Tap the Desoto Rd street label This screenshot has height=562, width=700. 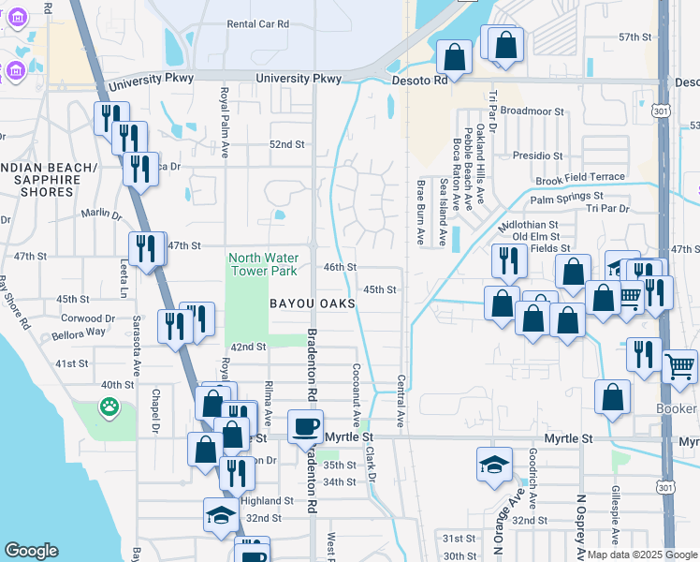[x=416, y=81]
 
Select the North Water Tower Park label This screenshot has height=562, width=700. [x=264, y=264]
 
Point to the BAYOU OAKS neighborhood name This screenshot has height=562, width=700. [x=313, y=303]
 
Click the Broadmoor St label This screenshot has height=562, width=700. [x=533, y=111]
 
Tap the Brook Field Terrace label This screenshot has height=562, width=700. [x=580, y=178]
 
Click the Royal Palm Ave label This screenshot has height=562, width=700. [x=225, y=123]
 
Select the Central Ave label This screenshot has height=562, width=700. [x=401, y=404]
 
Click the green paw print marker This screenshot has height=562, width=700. [x=109, y=407]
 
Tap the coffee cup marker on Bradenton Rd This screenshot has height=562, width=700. [x=305, y=427]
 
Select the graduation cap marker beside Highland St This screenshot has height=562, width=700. [x=221, y=514]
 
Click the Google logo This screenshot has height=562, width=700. [x=31, y=552]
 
